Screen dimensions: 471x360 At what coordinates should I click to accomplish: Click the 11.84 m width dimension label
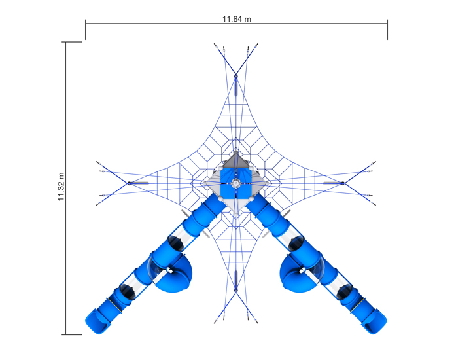[236, 19]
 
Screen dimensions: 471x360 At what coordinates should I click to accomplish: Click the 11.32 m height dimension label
[61, 187]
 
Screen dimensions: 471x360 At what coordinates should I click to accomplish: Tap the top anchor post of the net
[235, 77]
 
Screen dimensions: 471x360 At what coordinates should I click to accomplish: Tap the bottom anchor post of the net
[235, 290]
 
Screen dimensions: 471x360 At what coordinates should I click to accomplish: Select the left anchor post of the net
[129, 183]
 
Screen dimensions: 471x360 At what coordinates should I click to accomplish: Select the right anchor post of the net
[343, 183]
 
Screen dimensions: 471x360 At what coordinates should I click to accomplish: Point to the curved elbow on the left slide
[175, 274]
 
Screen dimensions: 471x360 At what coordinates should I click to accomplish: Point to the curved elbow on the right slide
[296, 274]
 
